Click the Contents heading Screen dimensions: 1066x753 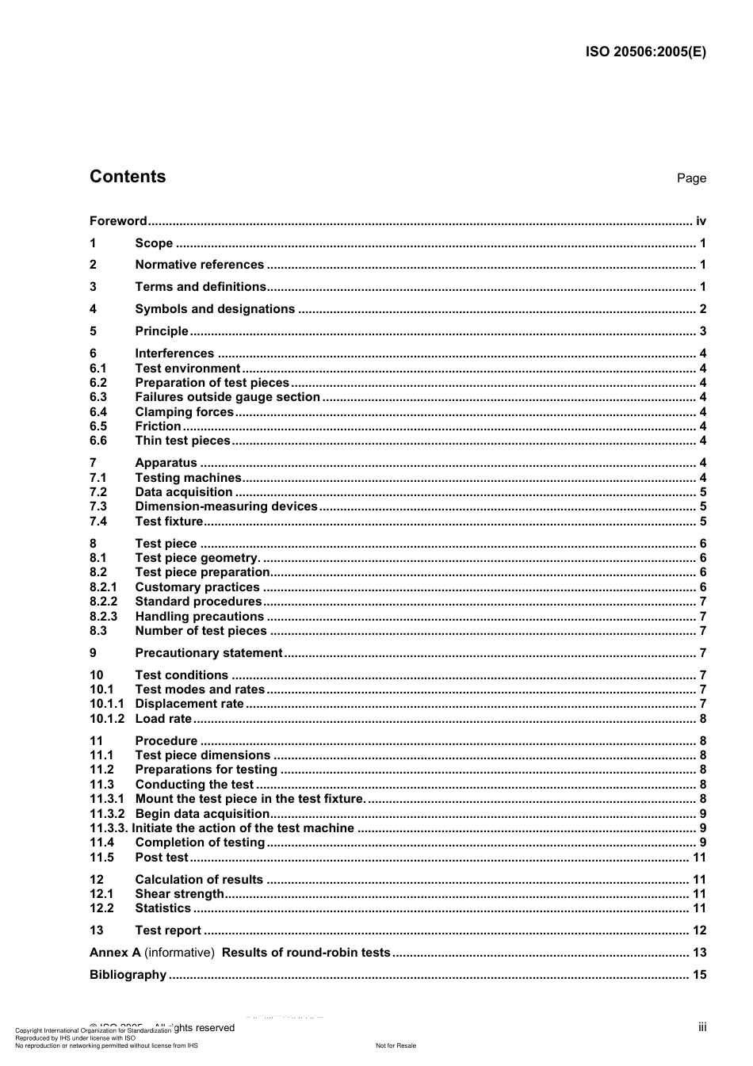[x=128, y=177]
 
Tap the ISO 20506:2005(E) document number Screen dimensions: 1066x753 [x=645, y=52]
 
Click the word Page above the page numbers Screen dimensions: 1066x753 [x=691, y=178]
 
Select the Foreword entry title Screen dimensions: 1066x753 [x=118, y=221]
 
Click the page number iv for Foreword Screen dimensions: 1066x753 [x=701, y=221]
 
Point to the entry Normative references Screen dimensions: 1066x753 [x=199, y=265]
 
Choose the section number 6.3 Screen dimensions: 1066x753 [x=98, y=397]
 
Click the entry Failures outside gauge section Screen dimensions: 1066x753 [x=227, y=397]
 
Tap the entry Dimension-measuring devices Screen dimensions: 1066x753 [x=226, y=506]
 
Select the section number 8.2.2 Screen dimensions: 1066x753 [x=103, y=602]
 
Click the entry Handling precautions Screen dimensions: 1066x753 [x=199, y=617]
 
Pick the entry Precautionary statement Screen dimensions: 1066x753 [x=208, y=653]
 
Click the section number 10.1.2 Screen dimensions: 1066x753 [x=106, y=719]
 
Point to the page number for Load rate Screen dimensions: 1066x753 [x=702, y=719]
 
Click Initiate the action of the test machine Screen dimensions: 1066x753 [x=243, y=828]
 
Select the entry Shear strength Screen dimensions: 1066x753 [x=179, y=894]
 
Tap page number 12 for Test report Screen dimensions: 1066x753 [x=699, y=930]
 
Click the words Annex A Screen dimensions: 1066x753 [x=115, y=953]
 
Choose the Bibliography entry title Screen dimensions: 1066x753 [x=128, y=975]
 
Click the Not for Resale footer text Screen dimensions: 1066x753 [x=396, y=1045]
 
